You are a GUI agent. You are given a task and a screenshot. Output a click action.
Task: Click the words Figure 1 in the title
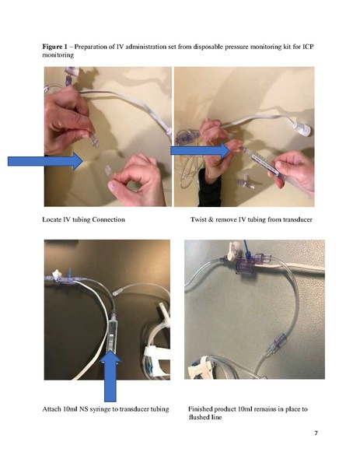pos(56,47)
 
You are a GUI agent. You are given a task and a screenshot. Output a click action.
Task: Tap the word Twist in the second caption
pos(200,220)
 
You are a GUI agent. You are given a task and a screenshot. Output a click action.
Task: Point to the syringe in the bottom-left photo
pos(114,327)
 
